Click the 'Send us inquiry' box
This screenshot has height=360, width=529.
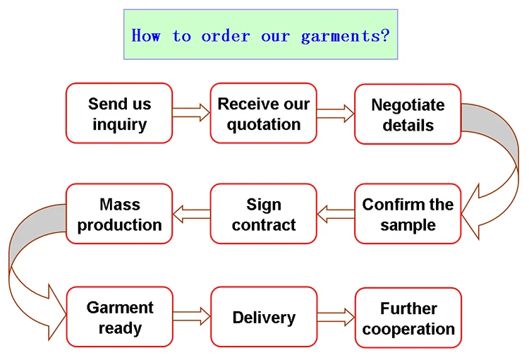coord(119,113)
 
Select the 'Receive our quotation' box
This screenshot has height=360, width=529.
coord(264,113)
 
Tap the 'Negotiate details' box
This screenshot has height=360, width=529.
coord(408,114)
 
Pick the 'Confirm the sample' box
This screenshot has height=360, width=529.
coord(408,214)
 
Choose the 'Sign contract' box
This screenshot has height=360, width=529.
coord(264,214)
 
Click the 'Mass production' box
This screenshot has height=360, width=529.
coord(119,214)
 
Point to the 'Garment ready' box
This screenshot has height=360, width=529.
coord(120,317)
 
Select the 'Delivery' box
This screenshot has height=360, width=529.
coord(264,317)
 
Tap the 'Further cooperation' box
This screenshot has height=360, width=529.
coord(408,318)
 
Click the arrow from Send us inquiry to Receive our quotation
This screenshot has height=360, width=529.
coord(191,112)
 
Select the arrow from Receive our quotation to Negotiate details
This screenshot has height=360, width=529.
coord(336,114)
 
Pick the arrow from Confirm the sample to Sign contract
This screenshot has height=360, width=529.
coord(336,214)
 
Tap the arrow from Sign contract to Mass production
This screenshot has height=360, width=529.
coord(191,214)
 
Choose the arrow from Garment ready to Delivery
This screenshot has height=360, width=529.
coord(192,316)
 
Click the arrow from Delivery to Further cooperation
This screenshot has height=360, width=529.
coord(336,317)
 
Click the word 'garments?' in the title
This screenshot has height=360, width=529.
coord(345,36)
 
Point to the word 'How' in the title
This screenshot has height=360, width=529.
coord(146,35)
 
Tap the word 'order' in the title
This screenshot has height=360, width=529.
coord(226,36)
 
